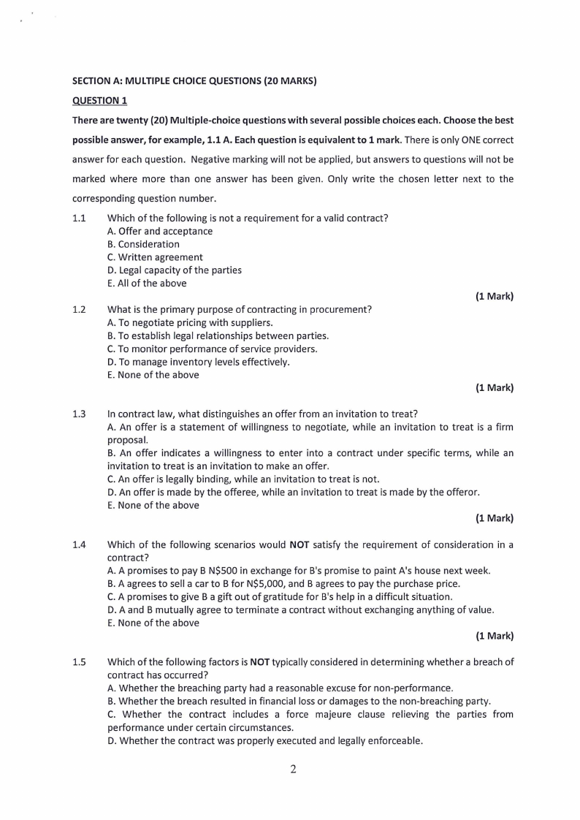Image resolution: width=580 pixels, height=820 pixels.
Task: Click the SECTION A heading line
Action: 194,81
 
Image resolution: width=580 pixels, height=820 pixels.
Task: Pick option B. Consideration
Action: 143,244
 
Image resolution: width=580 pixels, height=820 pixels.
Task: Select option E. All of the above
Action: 147,284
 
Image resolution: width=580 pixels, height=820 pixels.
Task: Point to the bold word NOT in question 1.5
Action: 260,662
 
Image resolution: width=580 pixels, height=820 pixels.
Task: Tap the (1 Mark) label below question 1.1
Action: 495,297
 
